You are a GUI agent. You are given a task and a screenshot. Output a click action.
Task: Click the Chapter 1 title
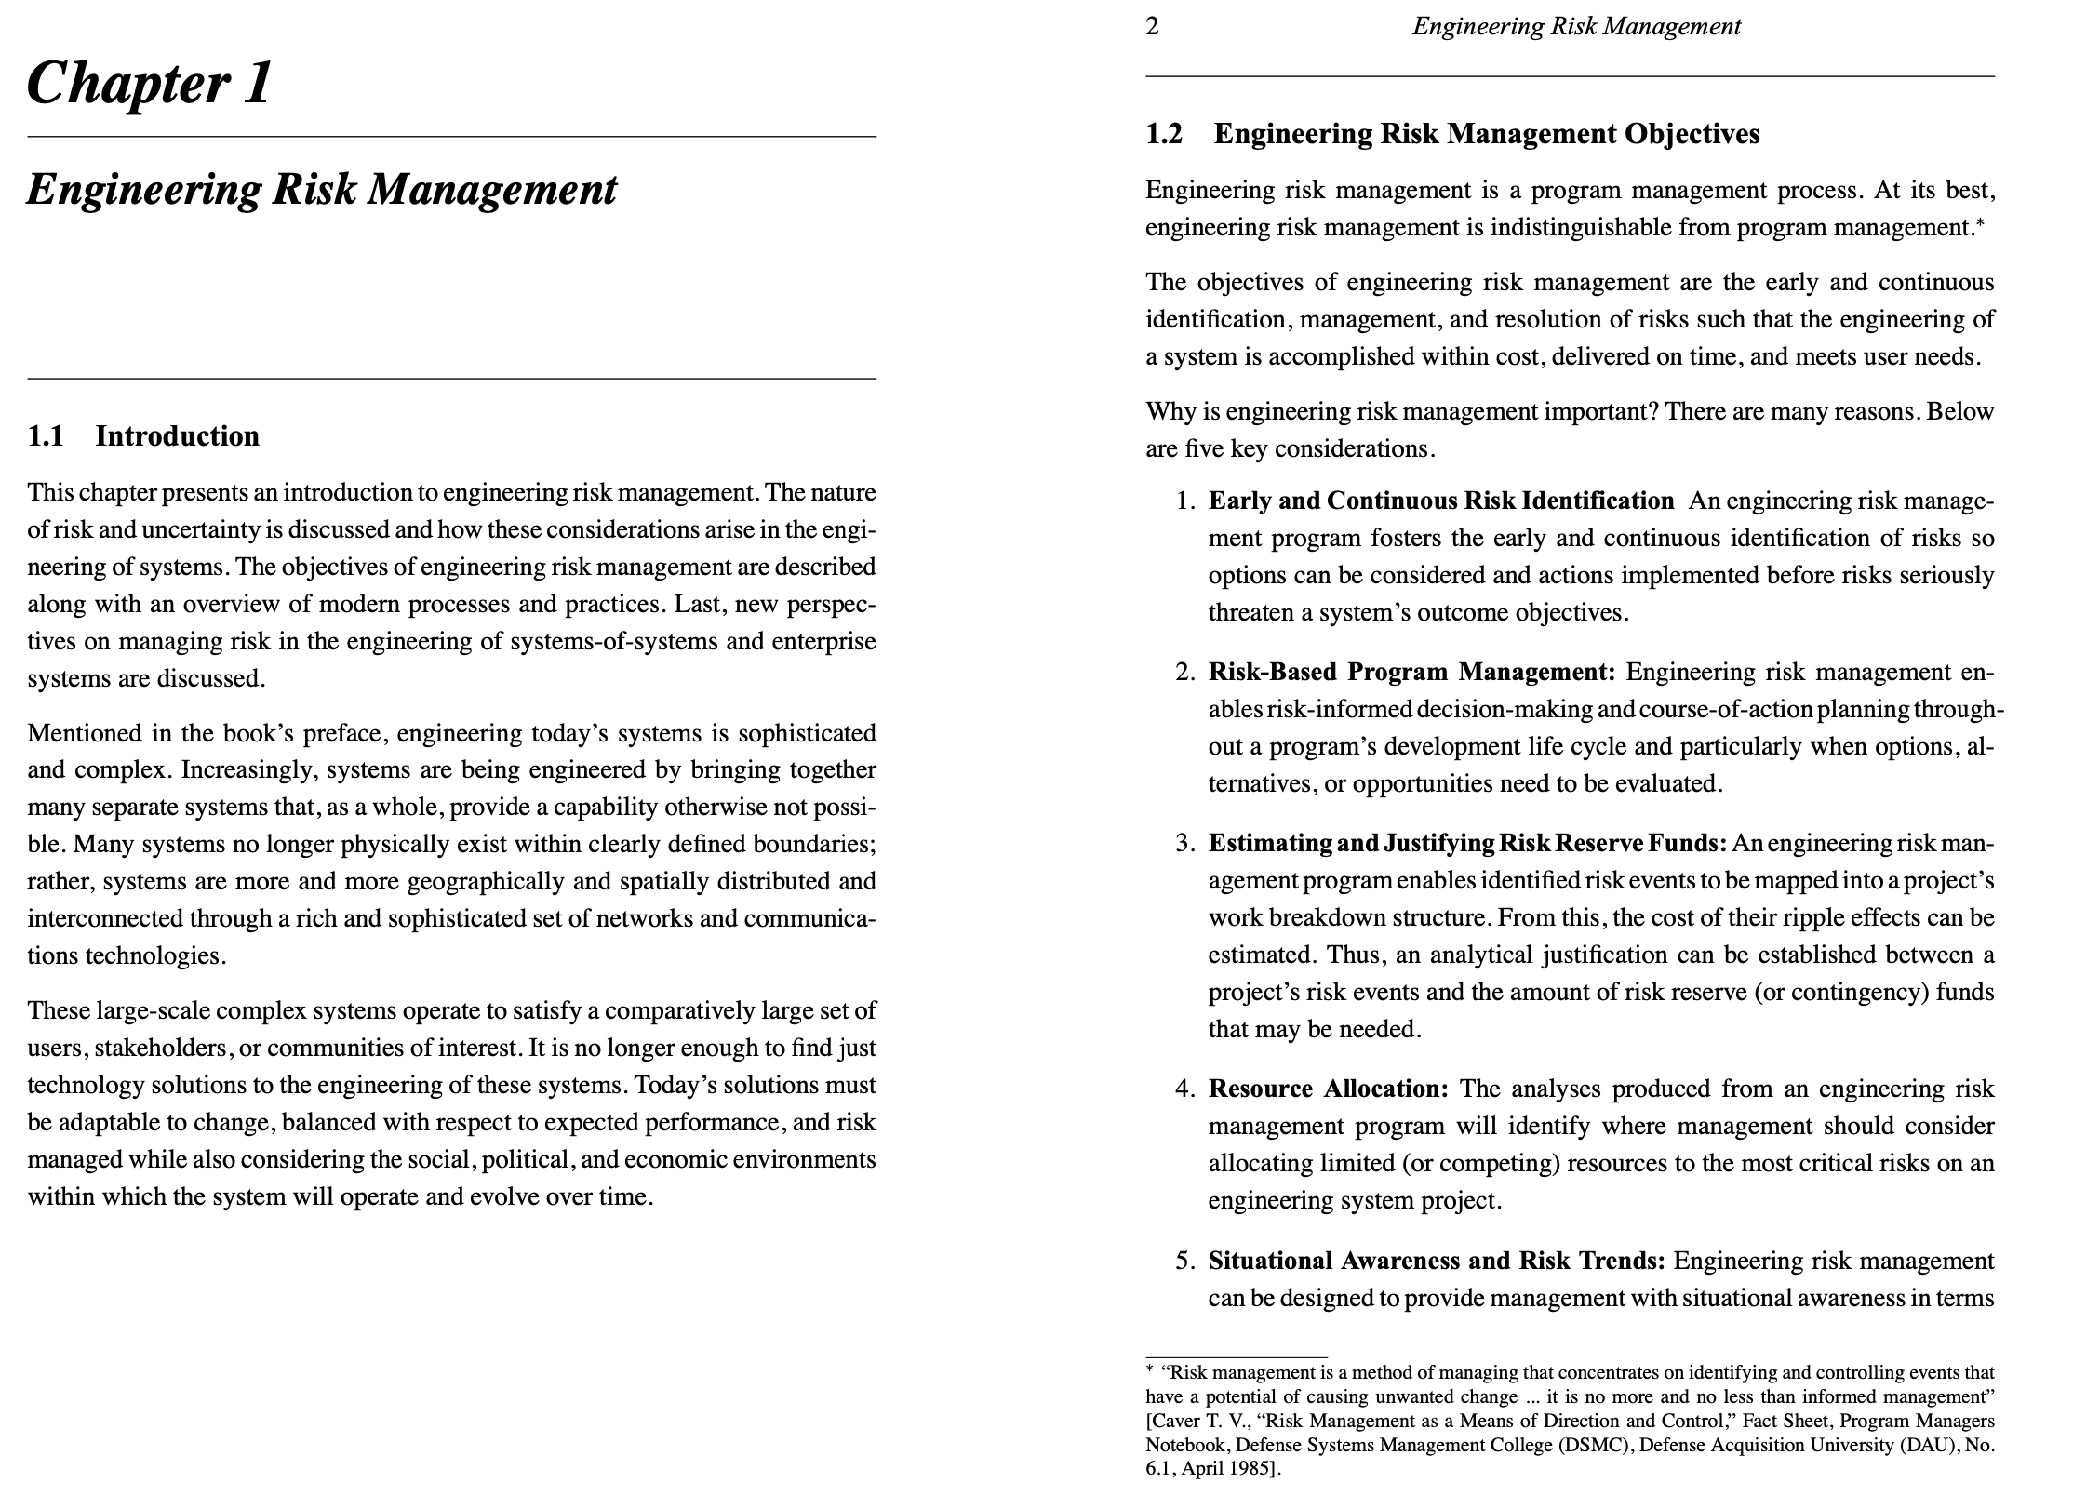point(149,84)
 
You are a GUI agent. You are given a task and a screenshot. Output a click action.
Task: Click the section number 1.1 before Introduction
point(46,436)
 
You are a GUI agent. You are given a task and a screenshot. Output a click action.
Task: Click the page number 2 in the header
point(1152,27)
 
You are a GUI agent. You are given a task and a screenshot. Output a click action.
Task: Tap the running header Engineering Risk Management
point(1576,27)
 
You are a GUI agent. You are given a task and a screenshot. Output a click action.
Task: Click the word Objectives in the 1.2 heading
point(1692,135)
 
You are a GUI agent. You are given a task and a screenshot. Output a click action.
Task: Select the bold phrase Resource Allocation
point(1328,1089)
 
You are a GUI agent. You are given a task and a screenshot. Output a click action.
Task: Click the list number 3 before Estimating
point(1184,844)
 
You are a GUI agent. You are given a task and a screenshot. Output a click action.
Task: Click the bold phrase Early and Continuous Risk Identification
point(1440,501)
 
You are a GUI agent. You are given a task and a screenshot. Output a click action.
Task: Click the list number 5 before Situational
point(1184,1262)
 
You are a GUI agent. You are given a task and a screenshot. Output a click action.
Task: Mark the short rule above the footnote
point(1236,1357)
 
